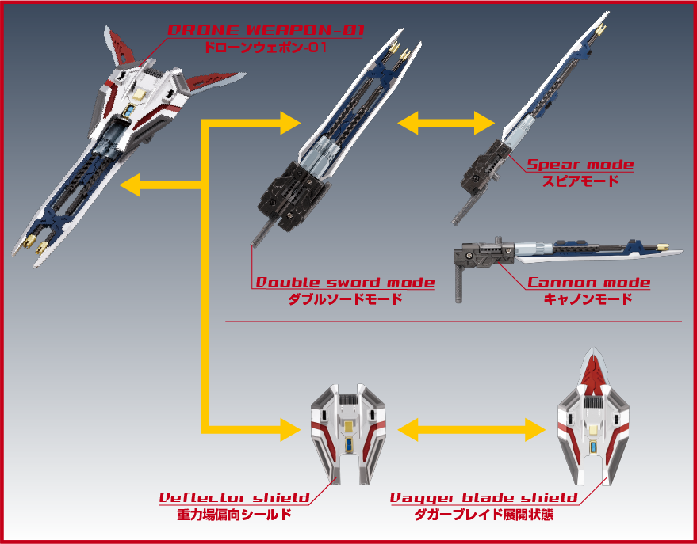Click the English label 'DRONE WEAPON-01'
[265, 30]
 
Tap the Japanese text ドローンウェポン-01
[265, 47]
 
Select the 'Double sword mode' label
[344, 283]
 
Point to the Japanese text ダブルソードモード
[344, 299]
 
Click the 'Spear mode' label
[580, 165]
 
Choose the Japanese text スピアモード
[580, 181]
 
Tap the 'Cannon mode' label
[588, 283]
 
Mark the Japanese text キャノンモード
[588, 299]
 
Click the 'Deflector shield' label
[234, 497]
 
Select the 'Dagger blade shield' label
[484, 497]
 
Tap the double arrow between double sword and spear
[446, 123]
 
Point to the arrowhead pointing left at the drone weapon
[131, 186]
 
